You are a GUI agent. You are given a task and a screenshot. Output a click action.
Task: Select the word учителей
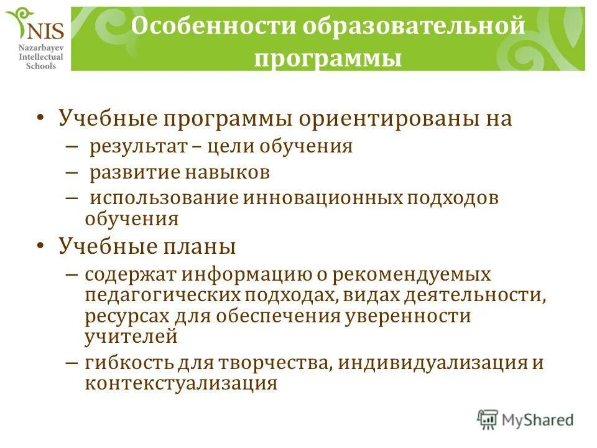point(131,337)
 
